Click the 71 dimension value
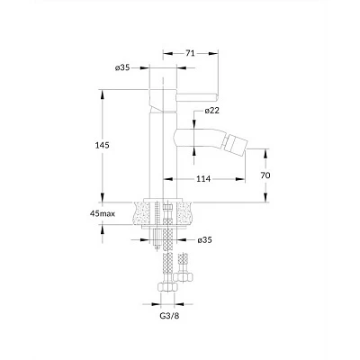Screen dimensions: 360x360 [190, 53]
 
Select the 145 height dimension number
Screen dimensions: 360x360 [103, 145]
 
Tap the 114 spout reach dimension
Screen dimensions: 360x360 [203, 179]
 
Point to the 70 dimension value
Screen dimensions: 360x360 [265, 175]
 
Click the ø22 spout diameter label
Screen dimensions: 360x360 [212, 111]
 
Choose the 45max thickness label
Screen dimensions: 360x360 [103, 213]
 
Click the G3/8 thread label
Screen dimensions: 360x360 [169, 316]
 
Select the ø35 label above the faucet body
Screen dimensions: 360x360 [122, 67]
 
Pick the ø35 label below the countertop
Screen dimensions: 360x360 [204, 240]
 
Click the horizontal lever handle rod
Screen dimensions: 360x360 [197, 97]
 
